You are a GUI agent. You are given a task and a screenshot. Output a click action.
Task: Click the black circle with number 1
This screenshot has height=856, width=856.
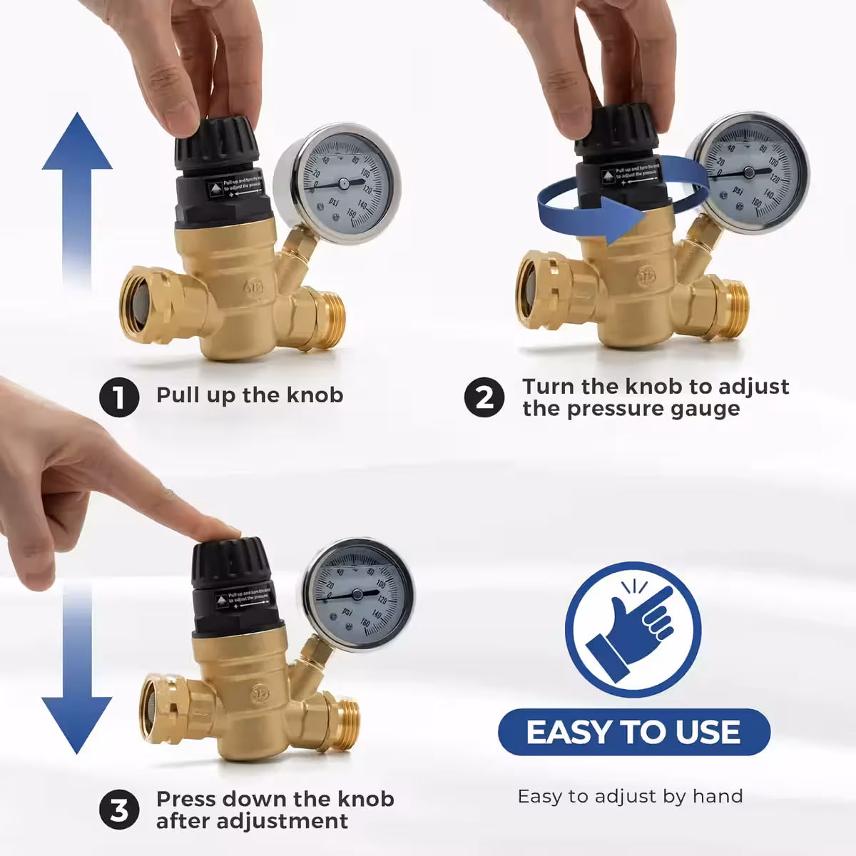pos(120,397)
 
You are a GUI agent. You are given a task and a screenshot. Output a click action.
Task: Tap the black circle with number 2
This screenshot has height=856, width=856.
pos(484,397)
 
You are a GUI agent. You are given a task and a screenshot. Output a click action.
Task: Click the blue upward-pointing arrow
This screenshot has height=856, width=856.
pos(77,200)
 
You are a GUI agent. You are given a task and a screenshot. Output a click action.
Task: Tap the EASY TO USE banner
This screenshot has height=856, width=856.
pos(633,732)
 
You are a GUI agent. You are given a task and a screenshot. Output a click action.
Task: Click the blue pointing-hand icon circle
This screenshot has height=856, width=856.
pos(633,631)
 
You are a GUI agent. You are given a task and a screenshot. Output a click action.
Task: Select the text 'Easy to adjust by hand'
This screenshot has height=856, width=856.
pos(630,796)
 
